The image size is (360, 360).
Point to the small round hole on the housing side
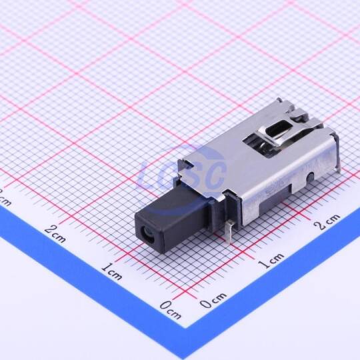pyautogui.click(x=311, y=176)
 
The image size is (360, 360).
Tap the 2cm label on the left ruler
pyautogui.click(x=55, y=233)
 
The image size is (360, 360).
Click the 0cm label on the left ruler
pyautogui.click(x=170, y=310)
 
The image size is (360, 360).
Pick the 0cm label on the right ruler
pyautogui.click(x=213, y=300)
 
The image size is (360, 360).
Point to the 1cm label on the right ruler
pyautogui.click(x=270, y=261)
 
